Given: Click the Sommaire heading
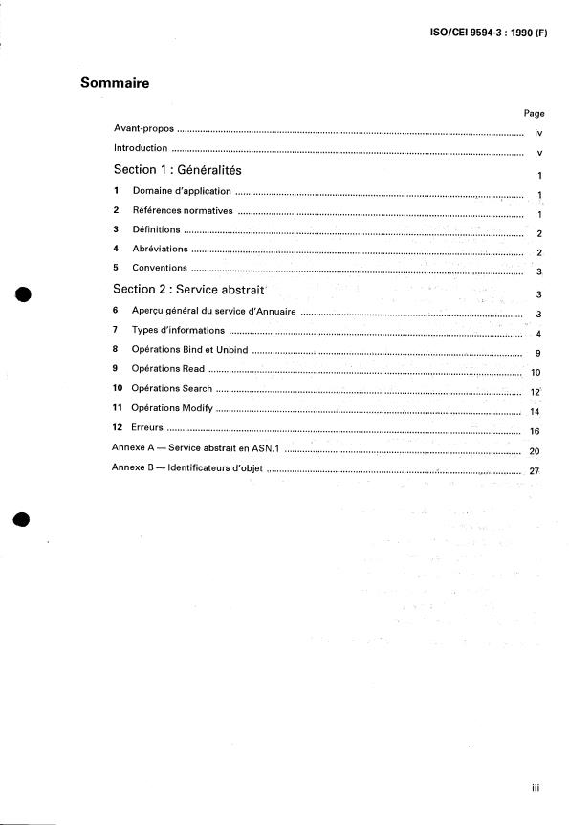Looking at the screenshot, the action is (x=115, y=83).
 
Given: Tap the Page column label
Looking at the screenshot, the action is (x=534, y=113).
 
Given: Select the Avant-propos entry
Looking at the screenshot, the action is (x=143, y=128).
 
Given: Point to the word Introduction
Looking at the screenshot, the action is (x=141, y=148).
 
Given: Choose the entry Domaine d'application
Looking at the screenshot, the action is (x=182, y=191).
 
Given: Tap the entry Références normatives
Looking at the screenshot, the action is (x=183, y=210).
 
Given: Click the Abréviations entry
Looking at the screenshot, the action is (x=160, y=249).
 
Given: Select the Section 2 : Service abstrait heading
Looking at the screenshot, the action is (x=188, y=289).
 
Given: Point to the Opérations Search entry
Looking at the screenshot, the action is (x=171, y=389).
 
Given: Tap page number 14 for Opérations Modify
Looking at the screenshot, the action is (x=535, y=412).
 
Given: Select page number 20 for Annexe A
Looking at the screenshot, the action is (x=535, y=451).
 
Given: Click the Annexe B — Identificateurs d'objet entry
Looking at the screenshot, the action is (x=187, y=468).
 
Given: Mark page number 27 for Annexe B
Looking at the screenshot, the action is (x=535, y=471).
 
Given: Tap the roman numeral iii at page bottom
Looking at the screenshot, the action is (x=536, y=788).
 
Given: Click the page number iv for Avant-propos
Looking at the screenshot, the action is (x=538, y=134).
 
